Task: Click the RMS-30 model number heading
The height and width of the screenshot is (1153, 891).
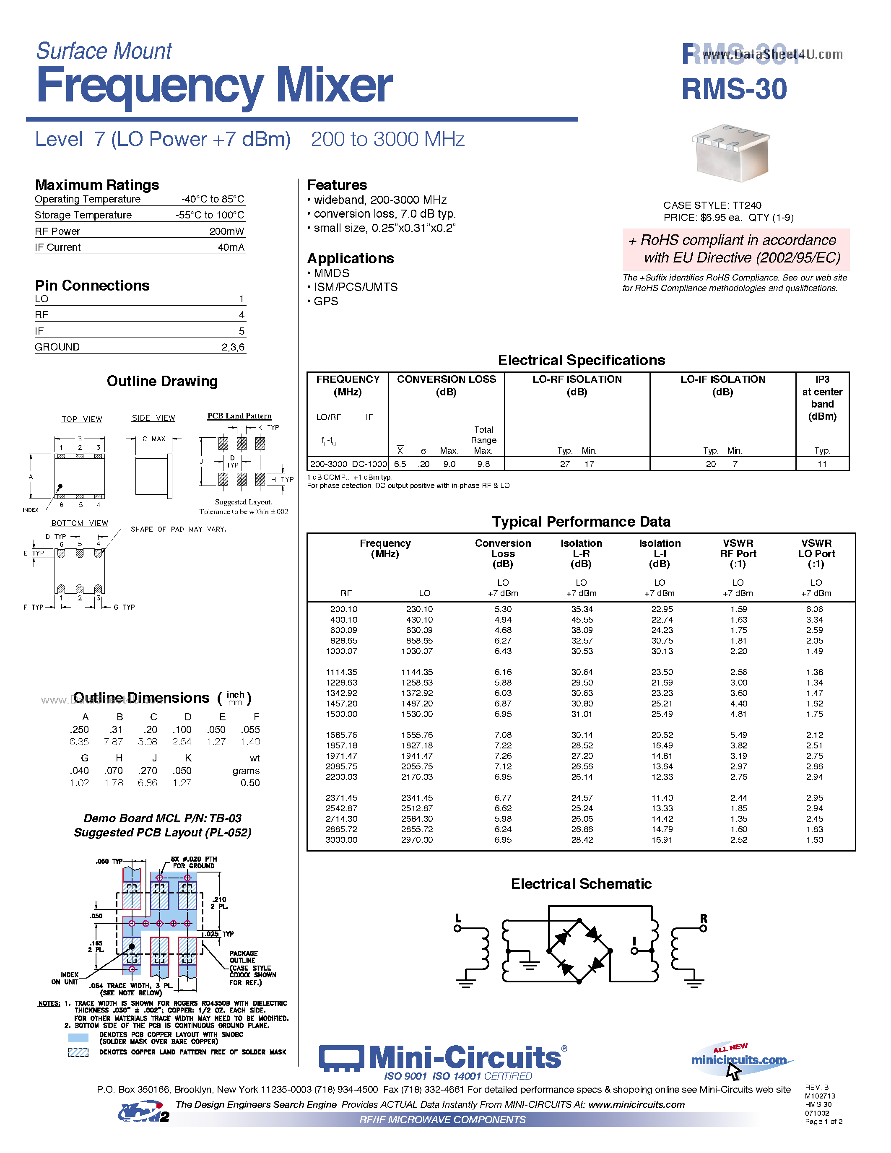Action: point(734,89)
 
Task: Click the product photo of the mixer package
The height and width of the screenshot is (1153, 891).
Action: point(731,153)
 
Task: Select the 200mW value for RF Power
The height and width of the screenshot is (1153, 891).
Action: point(226,231)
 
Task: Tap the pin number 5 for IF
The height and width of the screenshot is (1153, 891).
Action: point(241,331)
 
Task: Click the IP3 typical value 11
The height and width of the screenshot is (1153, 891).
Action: point(822,464)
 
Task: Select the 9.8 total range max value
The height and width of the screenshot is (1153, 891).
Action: point(483,464)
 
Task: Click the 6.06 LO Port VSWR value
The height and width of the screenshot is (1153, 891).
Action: point(814,609)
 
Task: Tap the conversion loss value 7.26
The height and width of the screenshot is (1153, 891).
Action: point(502,756)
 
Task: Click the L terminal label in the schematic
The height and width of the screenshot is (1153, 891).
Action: point(457,919)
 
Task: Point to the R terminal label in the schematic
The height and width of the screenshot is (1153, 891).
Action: point(703,919)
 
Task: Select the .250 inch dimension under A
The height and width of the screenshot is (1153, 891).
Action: point(79,730)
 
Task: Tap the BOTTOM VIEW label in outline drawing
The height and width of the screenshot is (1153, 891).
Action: point(80,523)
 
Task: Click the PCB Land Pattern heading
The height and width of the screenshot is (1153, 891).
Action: point(239,416)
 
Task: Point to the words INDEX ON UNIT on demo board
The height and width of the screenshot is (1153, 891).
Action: point(65,978)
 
